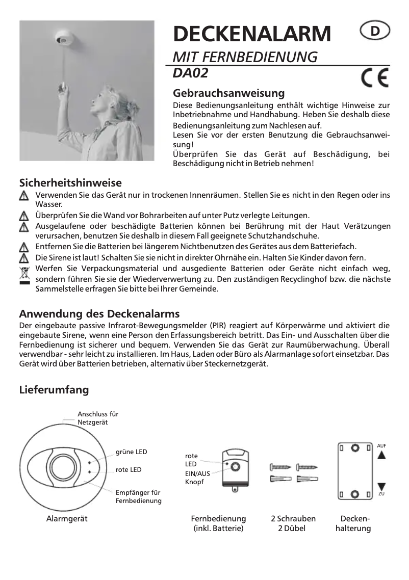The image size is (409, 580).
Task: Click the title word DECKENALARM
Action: (252, 34)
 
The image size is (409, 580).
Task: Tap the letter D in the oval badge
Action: (375, 32)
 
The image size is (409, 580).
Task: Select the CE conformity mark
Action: (374, 78)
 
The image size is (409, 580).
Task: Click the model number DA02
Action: (191, 73)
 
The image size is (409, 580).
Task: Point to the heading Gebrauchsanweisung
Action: (229, 93)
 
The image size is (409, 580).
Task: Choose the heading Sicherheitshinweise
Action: (70, 182)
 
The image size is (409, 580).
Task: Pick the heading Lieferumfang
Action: (54, 390)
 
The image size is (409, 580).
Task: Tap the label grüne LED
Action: (132, 452)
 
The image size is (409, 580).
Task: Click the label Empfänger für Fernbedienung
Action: (138, 496)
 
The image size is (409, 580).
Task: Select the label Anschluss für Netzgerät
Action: (98, 418)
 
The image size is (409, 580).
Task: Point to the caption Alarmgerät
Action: (67, 518)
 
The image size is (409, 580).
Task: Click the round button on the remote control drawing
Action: (235, 467)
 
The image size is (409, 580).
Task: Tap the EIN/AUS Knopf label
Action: (197, 478)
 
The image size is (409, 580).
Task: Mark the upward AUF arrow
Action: (381, 455)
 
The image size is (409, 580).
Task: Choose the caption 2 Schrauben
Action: (293, 518)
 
